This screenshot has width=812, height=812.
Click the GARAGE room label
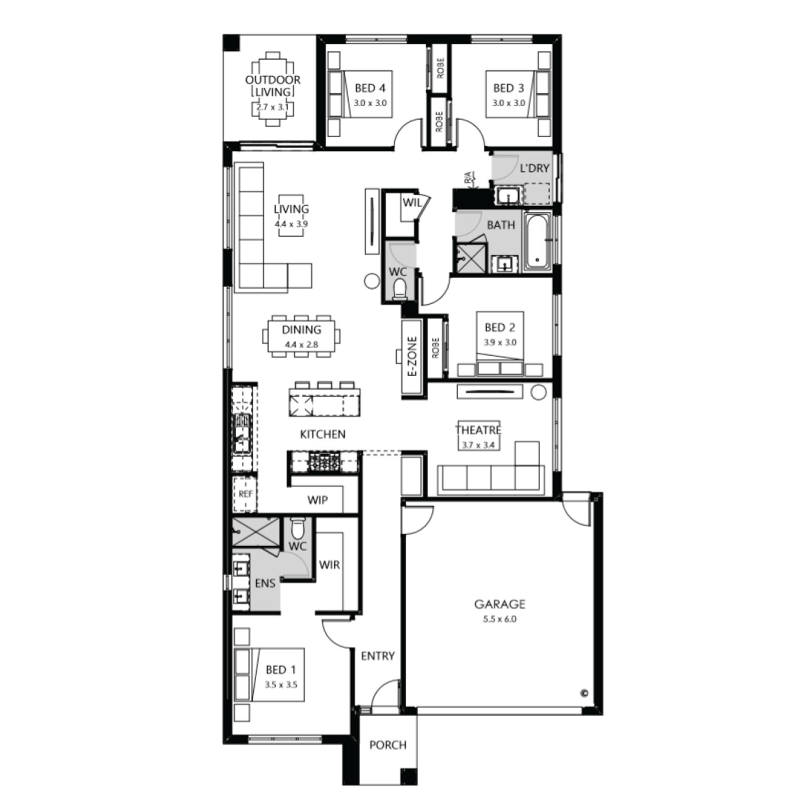click(500, 604)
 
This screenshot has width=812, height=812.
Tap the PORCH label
click(388, 745)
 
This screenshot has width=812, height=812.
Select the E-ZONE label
click(412, 357)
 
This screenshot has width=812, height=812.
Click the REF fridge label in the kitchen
click(245, 494)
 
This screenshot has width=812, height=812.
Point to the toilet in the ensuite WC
click(298, 528)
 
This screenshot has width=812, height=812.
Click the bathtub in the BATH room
click(536, 241)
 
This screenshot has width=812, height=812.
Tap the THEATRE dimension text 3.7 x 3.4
click(478, 446)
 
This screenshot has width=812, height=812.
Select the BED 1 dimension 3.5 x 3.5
click(281, 684)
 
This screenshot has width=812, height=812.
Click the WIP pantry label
click(317, 500)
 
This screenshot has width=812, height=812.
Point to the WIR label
click(329, 565)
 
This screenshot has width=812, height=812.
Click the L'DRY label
click(534, 168)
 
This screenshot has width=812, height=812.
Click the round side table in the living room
click(372, 280)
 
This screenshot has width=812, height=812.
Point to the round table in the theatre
click(539, 392)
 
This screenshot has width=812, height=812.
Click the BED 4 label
click(370, 88)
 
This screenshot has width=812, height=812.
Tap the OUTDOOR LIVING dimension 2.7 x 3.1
click(272, 107)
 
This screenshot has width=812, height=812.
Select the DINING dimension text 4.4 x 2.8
click(301, 344)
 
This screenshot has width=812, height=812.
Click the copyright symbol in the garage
click(584, 692)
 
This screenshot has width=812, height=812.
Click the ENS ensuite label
click(265, 583)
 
